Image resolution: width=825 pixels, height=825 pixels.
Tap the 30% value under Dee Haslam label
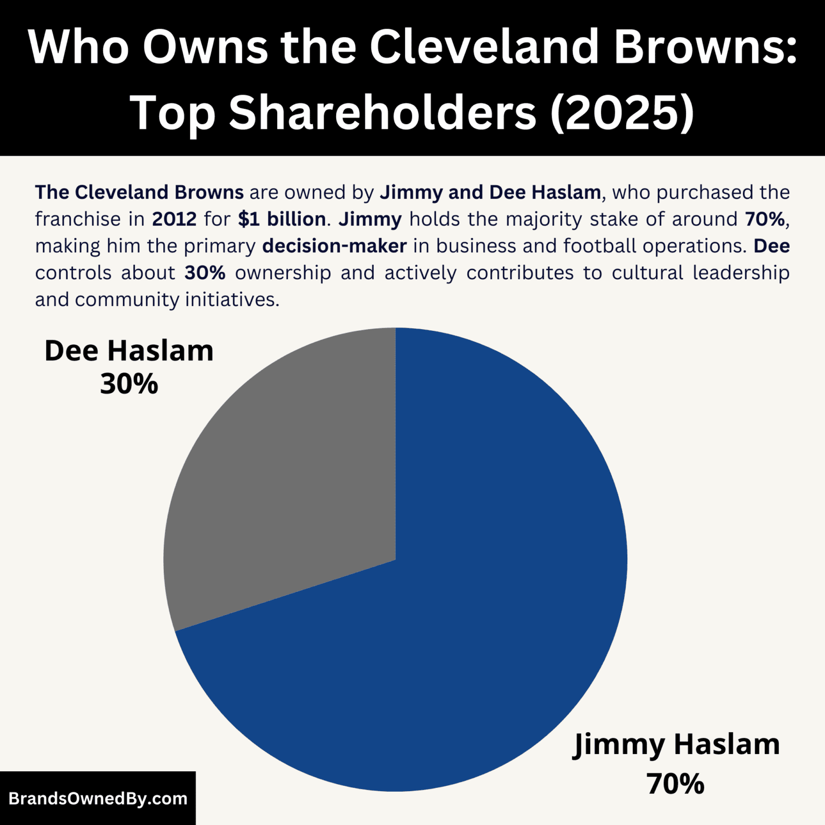click(129, 384)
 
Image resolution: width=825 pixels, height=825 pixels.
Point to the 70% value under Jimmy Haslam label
click(675, 784)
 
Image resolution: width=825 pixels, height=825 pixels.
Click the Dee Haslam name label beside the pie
click(129, 351)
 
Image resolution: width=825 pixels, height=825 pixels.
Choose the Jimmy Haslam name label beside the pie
click(677, 744)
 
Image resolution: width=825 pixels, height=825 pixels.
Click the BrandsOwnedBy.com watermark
click(98, 798)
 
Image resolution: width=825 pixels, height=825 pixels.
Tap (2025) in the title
click(622, 113)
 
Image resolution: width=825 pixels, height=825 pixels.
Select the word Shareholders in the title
click(382, 113)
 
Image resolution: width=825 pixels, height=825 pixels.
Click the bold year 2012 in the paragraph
click(174, 219)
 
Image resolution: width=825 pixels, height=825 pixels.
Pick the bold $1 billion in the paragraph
click(282, 219)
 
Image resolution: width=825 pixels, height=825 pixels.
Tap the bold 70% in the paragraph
click(765, 219)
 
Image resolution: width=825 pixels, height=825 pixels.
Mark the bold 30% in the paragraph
click(205, 273)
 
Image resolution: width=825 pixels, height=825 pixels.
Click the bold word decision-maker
click(334, 246)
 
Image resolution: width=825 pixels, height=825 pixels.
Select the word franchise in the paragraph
click(78, 219)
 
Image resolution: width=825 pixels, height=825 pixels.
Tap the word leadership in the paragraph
click(741, 273)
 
